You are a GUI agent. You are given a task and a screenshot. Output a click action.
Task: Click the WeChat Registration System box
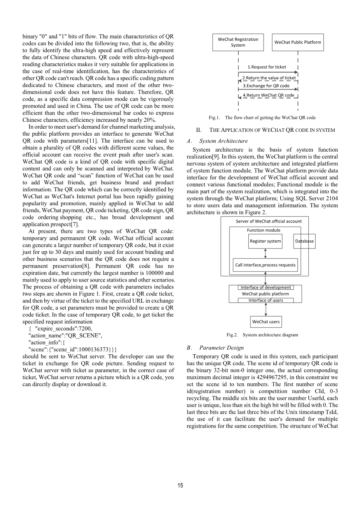[x=238, y=42]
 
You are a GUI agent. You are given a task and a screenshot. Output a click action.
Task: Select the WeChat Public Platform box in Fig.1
[x=298, y=42]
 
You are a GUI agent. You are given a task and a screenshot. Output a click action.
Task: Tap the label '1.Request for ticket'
[x=267, y=67]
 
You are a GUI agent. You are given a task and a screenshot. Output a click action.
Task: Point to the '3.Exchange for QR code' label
[x=266, y=86]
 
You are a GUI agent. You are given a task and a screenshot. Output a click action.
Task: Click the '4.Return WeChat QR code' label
[x=268, y=95]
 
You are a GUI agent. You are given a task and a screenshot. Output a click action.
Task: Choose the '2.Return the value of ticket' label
[x=269, y=78]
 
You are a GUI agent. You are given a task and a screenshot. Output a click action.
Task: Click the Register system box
[x=265, y=241]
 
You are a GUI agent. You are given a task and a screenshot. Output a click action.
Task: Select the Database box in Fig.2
[x=304, y=241]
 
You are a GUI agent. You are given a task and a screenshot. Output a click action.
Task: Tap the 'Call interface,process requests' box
[x=265, y=265]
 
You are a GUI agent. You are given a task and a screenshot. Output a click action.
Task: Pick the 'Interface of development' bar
[x=266, y=288]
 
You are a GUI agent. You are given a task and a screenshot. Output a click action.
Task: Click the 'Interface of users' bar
[x=266, y=301]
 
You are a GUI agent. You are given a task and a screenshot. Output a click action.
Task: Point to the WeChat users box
[x=266, y=322]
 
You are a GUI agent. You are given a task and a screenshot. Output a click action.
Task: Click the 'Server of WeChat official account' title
[x=269, y=221]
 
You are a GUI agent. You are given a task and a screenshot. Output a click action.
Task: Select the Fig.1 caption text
[x=262, y=117]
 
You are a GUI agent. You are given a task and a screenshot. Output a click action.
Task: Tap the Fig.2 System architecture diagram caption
[x=262, y=335]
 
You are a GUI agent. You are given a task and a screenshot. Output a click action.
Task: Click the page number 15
[x=180, y=485]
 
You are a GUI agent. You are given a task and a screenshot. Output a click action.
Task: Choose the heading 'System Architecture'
[x=223, y=141]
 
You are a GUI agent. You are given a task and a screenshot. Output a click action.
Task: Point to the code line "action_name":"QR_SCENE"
[x=65, y=336]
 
